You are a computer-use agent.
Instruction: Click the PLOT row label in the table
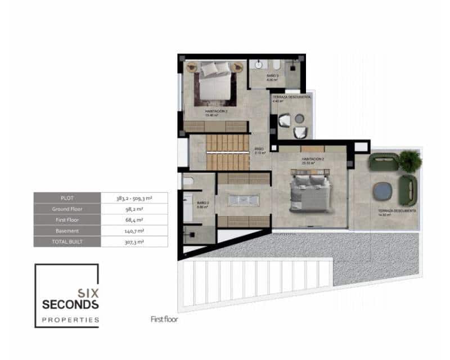click(x=67, y=198)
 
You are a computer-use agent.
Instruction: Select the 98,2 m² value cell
click(x=134, y=209)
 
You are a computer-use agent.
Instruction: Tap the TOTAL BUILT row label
click(x=67, y=241)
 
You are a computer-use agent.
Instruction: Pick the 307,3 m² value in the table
click(x=134, y=241)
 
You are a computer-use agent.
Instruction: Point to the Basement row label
click(x=67, y=231)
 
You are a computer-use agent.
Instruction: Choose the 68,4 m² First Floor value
click(x=134, y=220)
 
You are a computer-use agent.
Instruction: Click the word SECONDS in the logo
click(x=71, y=304)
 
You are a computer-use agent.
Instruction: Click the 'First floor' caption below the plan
click(x=164, y=319)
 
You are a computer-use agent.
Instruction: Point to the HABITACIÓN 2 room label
click(x=313, y=159)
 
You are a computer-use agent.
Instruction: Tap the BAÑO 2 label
click(x=203, y=203)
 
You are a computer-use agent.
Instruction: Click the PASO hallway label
click(x=259, y=150)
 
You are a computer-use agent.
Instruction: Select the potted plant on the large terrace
click(x=410, y=161)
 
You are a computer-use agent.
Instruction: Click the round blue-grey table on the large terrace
click(x=384, y=191)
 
